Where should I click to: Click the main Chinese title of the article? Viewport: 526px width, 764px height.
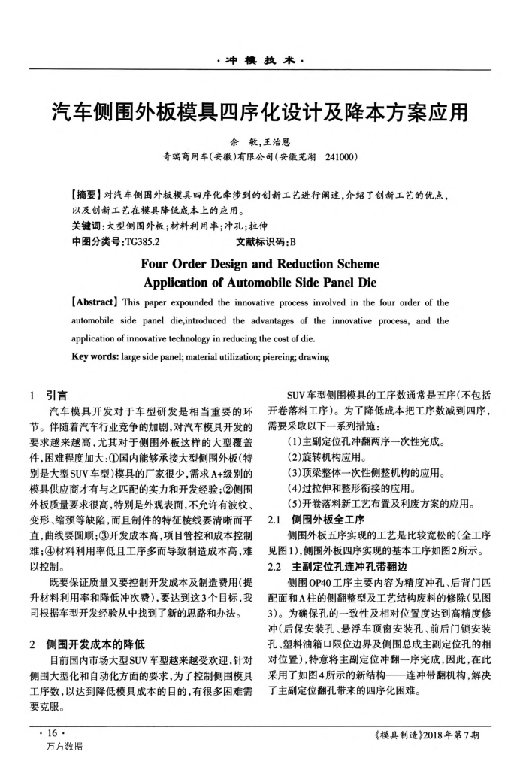262,112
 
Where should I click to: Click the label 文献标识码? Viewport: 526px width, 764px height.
252,244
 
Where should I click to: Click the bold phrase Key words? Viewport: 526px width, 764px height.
95,356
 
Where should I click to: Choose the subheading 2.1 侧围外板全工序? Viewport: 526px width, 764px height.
311,520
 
